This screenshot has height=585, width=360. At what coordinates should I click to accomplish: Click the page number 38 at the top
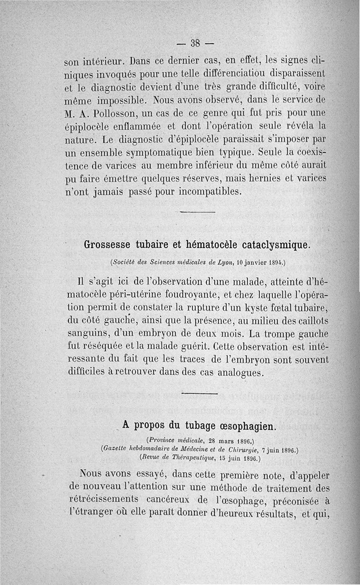pos(195,43)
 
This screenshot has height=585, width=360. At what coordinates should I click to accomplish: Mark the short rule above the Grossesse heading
pos(198,212)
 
